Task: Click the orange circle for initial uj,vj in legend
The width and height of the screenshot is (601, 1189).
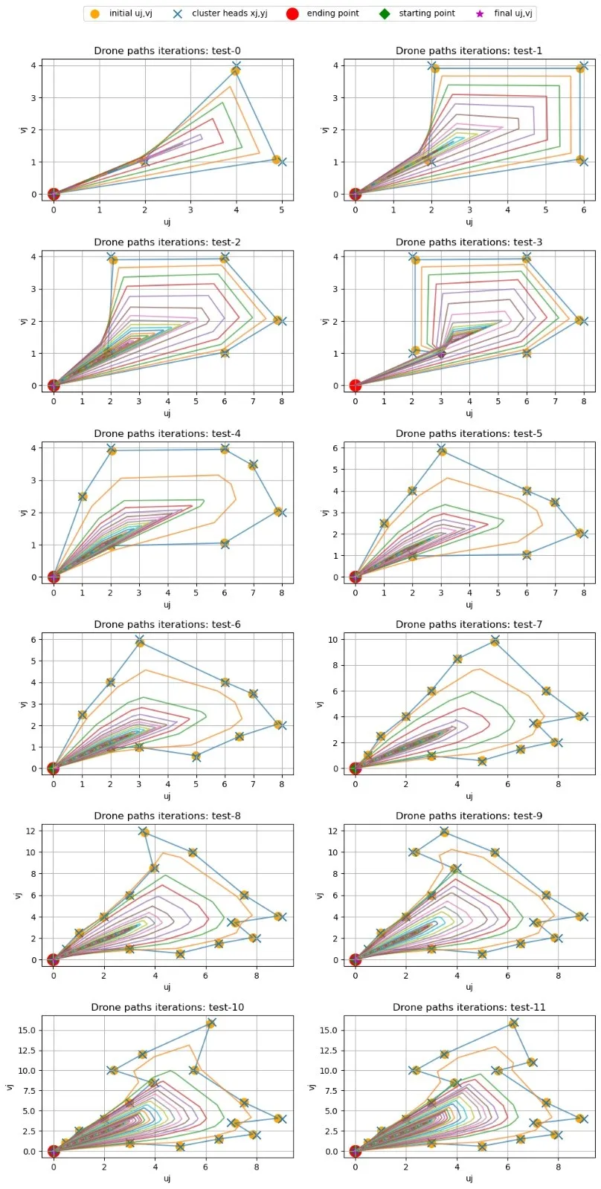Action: tap(94, 13)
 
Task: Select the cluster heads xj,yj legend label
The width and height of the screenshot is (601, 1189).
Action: tap(229, 13)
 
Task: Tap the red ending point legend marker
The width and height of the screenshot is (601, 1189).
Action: tap(292, 13)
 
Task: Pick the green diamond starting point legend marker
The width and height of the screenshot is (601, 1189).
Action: tap(384, 13)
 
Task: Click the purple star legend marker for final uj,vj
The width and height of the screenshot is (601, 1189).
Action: tap(480, 13)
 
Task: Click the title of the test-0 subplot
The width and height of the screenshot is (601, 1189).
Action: tap(167, 51)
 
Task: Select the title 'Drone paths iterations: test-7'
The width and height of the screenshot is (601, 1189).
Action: tap(469, 625)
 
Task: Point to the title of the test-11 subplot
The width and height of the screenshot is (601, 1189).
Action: tap(469, 1008)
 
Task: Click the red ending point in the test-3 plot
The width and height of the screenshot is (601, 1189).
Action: tap(356, 385)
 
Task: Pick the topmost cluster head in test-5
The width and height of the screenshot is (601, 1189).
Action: tap(442, 449)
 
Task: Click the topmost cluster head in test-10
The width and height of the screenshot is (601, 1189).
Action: tap(211, 1023)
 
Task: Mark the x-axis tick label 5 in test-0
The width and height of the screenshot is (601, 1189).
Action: tap(282, 210)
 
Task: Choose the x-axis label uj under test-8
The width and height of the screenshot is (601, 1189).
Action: tap(167, 988)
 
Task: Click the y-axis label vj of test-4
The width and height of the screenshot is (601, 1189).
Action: tap(23, 513)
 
